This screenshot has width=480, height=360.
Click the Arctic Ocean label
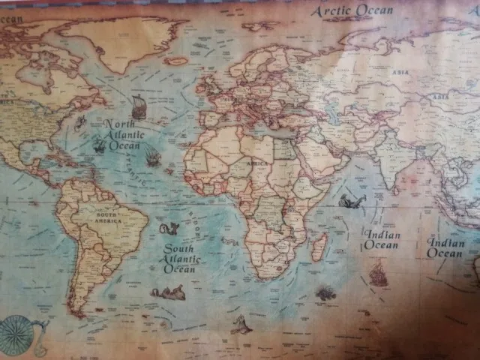352,10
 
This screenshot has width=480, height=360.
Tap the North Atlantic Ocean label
123,135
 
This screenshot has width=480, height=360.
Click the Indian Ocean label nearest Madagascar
382,239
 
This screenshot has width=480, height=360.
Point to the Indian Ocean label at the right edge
446,247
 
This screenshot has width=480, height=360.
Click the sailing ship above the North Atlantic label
139,107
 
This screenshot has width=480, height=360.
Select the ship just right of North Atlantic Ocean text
153,157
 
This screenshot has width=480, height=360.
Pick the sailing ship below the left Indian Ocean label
378,274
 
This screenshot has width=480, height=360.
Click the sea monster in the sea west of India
351,201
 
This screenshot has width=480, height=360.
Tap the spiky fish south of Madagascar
325,293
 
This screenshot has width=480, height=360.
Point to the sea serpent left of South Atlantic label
170,228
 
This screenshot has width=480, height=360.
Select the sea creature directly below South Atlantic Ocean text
169,292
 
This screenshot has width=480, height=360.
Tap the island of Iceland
177,61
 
